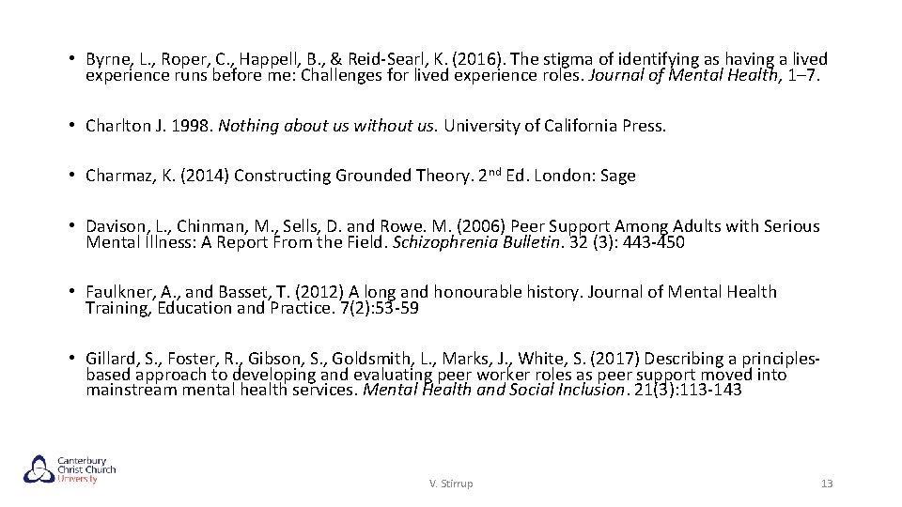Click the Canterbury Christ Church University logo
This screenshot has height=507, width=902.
70,469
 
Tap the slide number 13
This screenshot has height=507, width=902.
827,484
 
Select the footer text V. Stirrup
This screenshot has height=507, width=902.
451,484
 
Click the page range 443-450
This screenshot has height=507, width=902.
652,242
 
